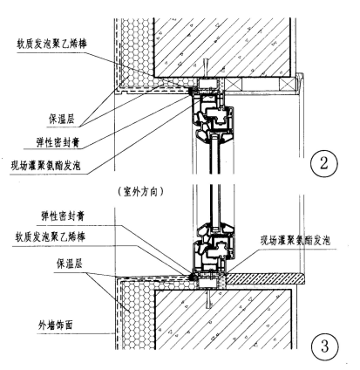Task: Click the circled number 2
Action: pyautogui.click(x=324, y=163)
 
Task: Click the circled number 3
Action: pyautogui.click(x=324, y=346)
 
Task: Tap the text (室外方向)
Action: pyautogui.click(x=141, y=192)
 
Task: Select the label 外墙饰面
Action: pyautogui.click(x=55, y=325)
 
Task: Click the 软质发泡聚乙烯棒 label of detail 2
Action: pyautogui.click(x=52, y=44)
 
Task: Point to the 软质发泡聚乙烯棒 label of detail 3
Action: pyautogui.click(x=51, y=237)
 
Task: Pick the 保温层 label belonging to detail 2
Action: pyautogui.click(x=61, y=119)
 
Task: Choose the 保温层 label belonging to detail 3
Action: pyautogui.click(x=70, y=264)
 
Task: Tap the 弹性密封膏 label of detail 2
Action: pyautogui.click(x=58, y=142)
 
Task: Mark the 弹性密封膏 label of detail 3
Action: pyautogui.click(x=63, y=216)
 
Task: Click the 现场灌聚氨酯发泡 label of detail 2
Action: pyautogui.click(x=45, y=166)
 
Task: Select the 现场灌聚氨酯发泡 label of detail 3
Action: pyautogui.click(x=295, y=241)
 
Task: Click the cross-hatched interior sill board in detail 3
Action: pyautogui.click(x=265, y=279)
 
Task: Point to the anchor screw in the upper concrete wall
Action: pyautogui.click(x=206, y=68)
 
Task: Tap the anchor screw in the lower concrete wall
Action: pyautogui.click(x=207, y=299)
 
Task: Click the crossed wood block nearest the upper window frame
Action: pyautogui.click(x=234, y=85)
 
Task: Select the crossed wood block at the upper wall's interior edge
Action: pyautogui.click(x=288, y=85)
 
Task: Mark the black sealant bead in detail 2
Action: pyautogui.click(x=191, y=91)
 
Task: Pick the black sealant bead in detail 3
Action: pyautogui.click(x=192, y=277)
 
